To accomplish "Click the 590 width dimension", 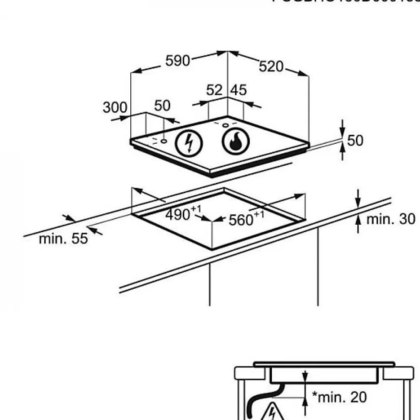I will coord(178,61).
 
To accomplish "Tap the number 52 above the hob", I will coord(214,90).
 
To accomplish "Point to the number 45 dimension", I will coord(238,90).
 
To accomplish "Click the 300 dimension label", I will coord(115,107).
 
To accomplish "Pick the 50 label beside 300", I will coord(162,106).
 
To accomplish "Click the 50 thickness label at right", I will coord(355,140).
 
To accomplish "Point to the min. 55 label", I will coord(63,238).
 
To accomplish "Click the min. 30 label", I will coord(391,219).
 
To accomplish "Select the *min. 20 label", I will coord(339,397).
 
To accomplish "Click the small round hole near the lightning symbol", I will coord(164,141).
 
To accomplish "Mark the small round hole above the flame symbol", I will coord(225,125).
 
